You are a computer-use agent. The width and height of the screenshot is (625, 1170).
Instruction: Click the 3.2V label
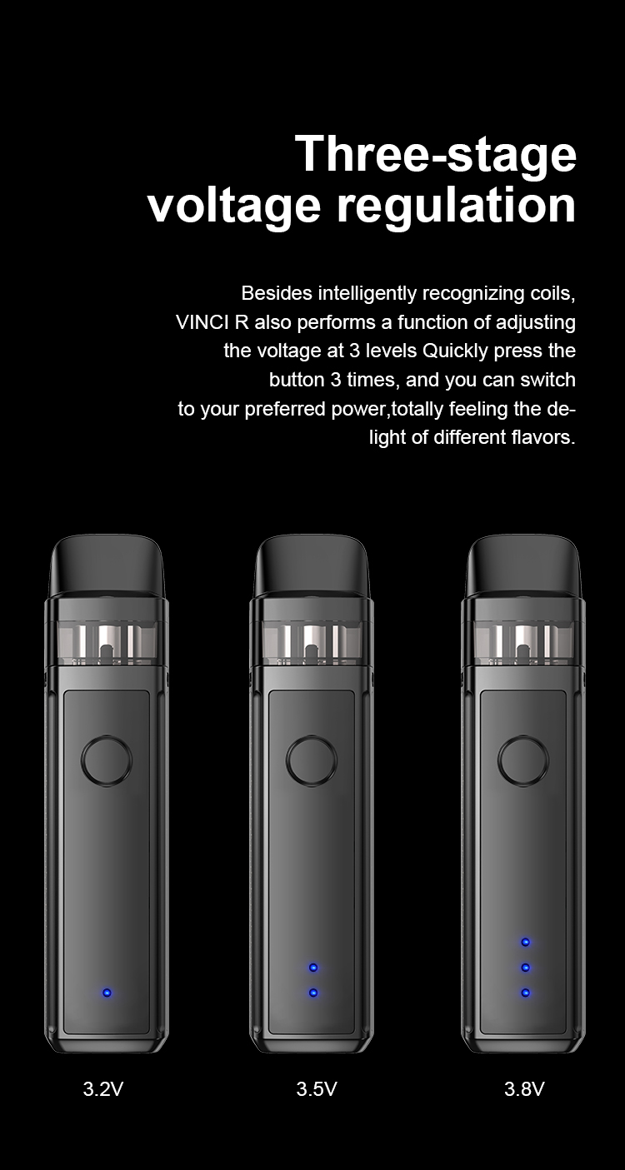(103, 1089)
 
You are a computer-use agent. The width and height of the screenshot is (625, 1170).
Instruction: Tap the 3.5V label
(316, 1089)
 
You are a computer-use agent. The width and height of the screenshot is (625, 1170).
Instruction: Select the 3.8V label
(524, 1089)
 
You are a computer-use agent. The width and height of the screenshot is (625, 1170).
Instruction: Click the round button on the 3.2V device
(107, 761)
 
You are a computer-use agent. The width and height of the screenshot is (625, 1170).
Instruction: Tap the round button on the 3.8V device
(523, 761)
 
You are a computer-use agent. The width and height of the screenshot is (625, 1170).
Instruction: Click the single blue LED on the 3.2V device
(107, 993)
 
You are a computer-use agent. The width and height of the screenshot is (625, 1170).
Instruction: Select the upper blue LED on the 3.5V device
(313, 968)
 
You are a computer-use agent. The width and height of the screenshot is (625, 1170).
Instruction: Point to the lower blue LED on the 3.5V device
(313, 993)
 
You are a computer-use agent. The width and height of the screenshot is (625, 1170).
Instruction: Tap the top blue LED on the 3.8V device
(525, 942)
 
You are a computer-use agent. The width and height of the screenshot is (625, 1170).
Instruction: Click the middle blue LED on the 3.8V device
(525, 968)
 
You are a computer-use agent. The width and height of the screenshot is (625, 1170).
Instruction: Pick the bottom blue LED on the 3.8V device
(525, 993)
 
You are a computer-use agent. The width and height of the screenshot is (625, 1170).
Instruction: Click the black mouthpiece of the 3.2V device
(107, 565)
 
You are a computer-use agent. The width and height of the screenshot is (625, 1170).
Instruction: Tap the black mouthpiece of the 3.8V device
(523, 565)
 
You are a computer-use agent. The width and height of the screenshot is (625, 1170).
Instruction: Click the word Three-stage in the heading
(435, 155)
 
